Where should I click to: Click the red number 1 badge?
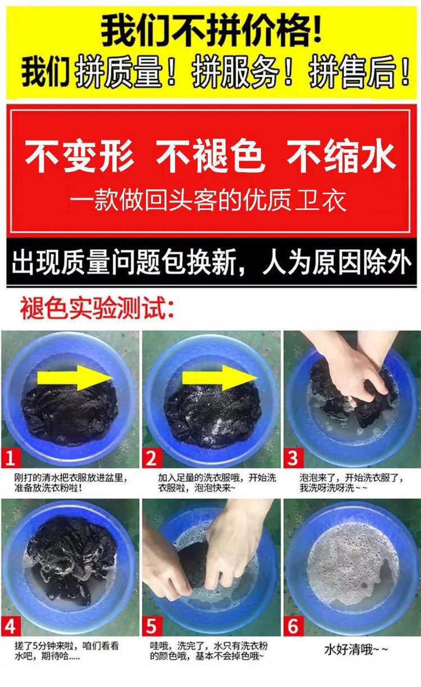coord(11,458)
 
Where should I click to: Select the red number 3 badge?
coord(294,458)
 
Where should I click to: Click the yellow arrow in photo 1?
coord(75,378)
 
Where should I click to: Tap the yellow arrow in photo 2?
coord(220,378)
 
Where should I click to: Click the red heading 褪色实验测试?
coord(97,308)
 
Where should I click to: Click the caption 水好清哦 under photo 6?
coord(356,649)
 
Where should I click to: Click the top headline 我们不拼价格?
coord(212,32)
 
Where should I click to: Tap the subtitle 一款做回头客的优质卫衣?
coord(208,200)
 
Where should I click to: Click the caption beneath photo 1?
coord(71,483)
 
